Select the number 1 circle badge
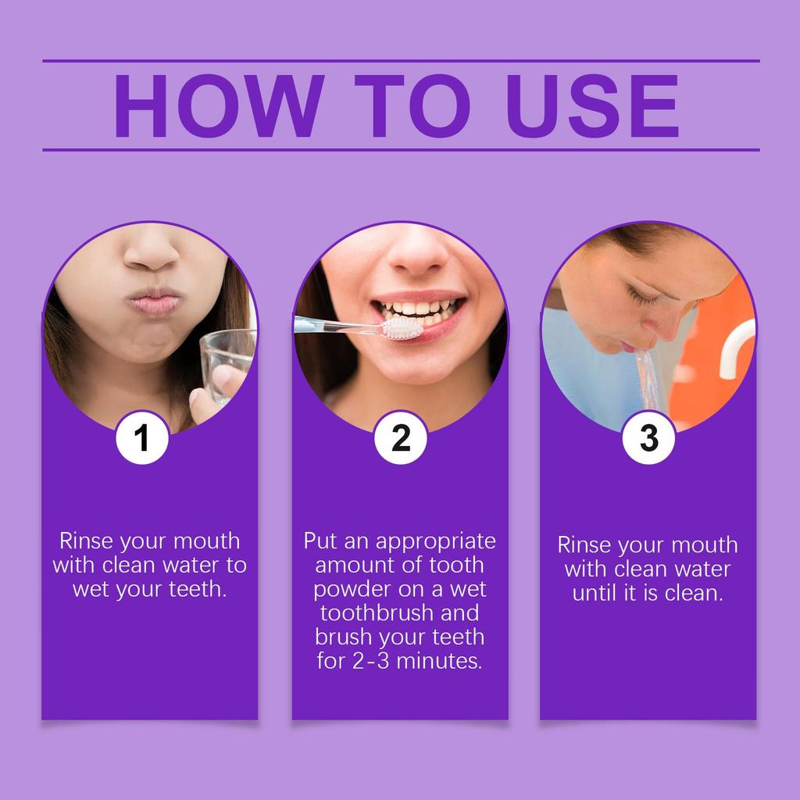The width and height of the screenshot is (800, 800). pyautogui.click(x=142, y=439)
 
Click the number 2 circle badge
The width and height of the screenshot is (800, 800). pyautogui.click(x=400, y=439)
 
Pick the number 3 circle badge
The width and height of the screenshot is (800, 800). pyautogui.click(x=648, y=439)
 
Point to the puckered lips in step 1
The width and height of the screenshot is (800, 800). pyautogui.click(x=153, y=301)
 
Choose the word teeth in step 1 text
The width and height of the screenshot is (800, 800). pyautogui.click(x=196, y=588)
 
